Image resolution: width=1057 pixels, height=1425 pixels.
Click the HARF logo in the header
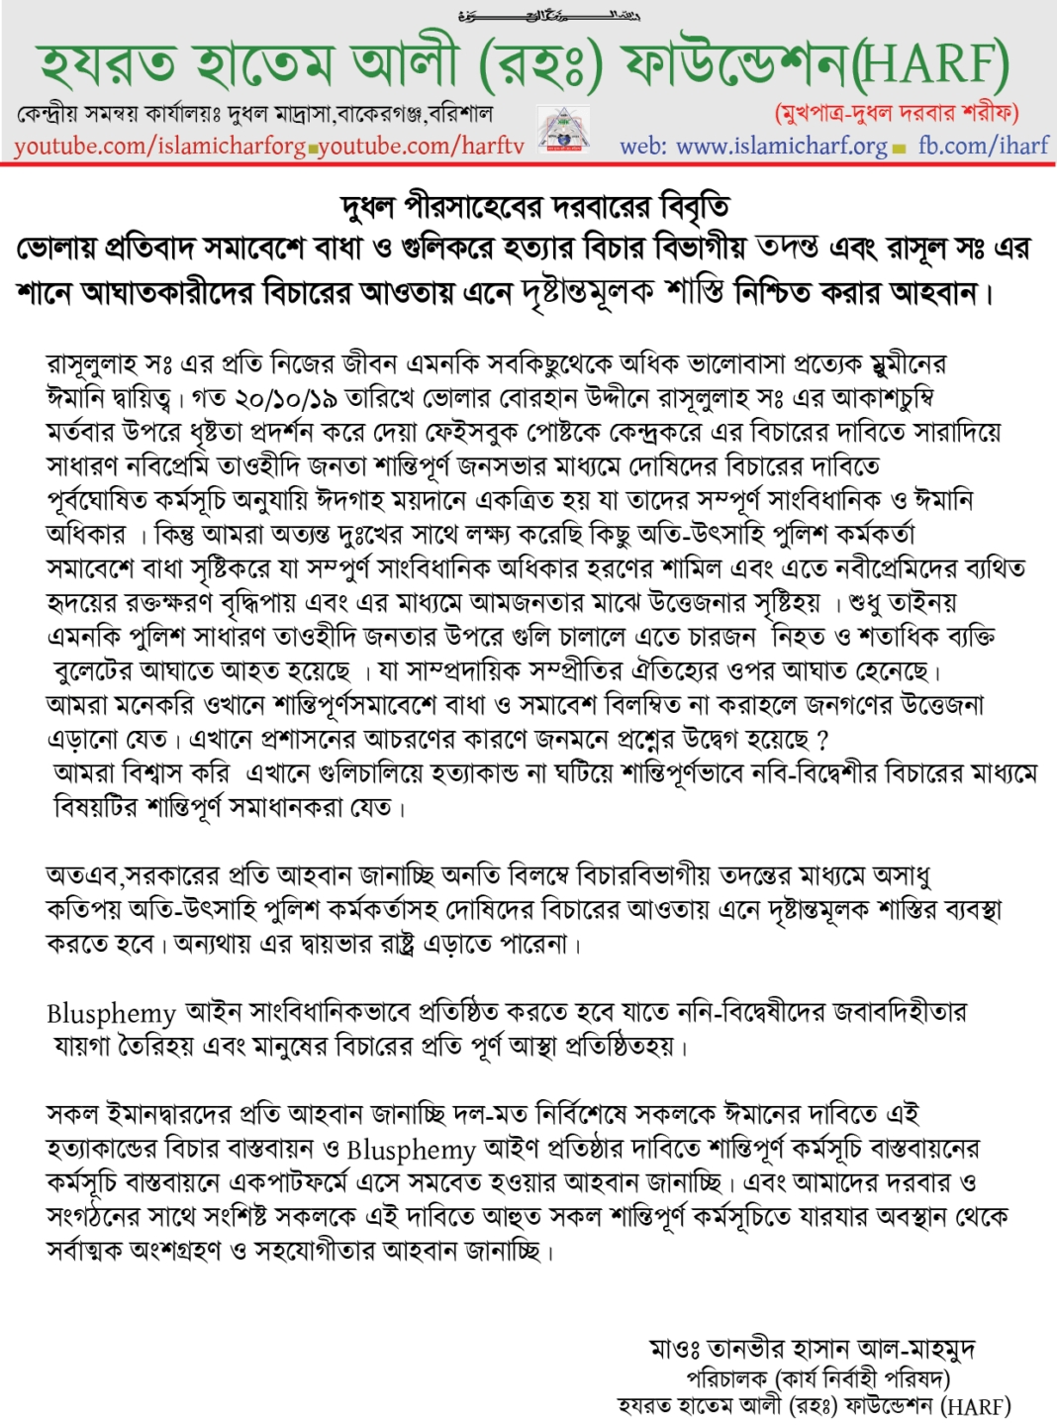pos(563,130)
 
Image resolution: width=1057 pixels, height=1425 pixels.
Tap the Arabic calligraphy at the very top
pos(550,15)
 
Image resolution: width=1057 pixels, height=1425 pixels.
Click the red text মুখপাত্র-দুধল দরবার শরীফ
pos(897,112)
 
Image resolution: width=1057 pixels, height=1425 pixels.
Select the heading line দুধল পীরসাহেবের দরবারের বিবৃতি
pos(534,207)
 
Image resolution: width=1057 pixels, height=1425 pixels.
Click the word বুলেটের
pos(94,671)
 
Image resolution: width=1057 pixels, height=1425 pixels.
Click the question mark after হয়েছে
pos(823,740)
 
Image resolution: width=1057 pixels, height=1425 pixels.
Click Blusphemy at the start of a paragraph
pos(111,1013)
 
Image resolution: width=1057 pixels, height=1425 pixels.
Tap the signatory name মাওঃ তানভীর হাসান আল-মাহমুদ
pos(813,1349)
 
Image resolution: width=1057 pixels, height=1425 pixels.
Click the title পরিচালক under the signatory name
pos(726,1378)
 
